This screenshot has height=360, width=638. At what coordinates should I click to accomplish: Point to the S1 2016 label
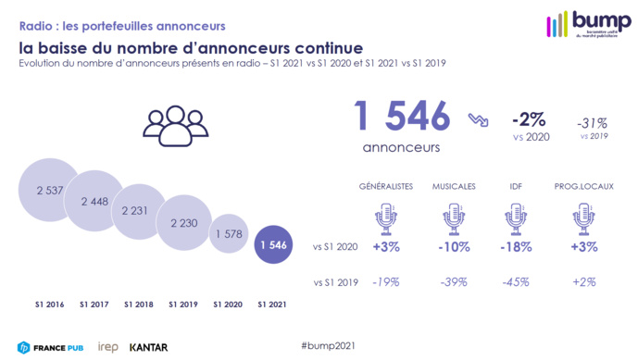[50, 304]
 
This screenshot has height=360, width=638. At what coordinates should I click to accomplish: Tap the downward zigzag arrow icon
[479, 121]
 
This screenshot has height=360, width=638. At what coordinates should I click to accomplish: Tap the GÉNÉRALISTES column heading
[386, 186]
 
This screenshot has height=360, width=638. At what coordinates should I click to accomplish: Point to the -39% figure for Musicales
[453, 283]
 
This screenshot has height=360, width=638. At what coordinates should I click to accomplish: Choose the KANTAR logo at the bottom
[148, 346]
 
